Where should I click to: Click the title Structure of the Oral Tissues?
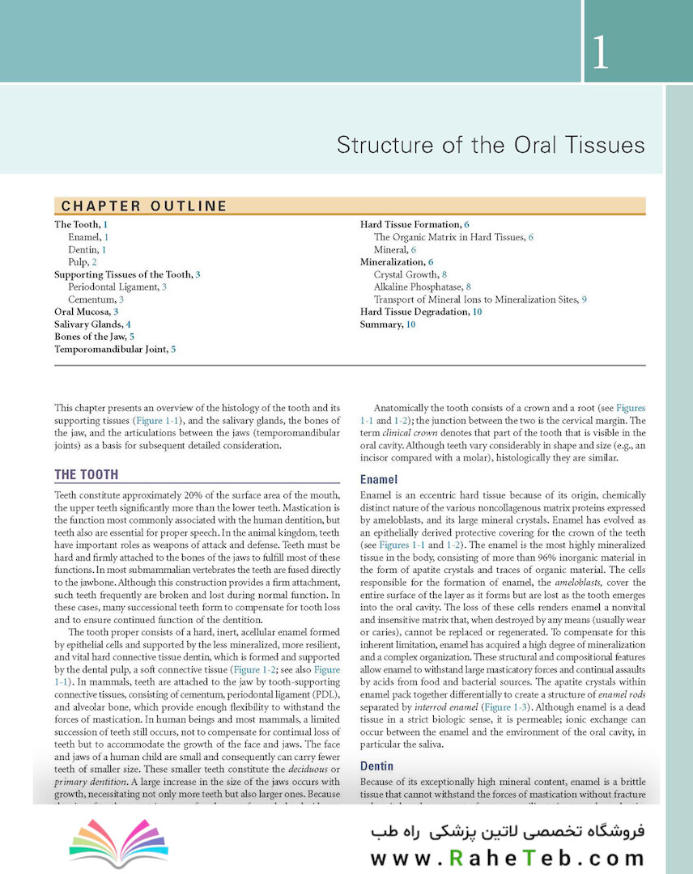pos(491,146)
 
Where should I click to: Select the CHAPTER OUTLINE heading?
pos(144,206)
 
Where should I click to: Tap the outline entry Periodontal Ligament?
pos(114,286)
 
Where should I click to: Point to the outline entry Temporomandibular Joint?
pos(110,349)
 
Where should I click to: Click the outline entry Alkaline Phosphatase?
pos(419,286)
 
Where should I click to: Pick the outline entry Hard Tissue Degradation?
pos(416,312)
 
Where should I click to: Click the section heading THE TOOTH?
pos(86,475)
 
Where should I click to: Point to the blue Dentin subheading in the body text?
pos(376,766)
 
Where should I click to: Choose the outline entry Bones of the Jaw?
pos(90,337)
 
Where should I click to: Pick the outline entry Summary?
pos(382,325)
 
